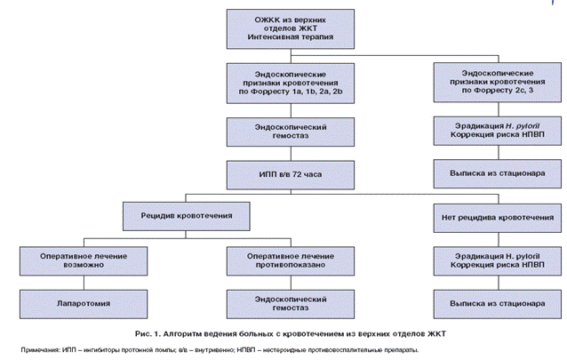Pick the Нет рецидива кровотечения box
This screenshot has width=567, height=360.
[x=496, y=215]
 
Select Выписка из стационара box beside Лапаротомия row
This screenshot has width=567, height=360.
[x=496, y=302]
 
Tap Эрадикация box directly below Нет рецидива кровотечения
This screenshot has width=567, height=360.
[x=496, y=260]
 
